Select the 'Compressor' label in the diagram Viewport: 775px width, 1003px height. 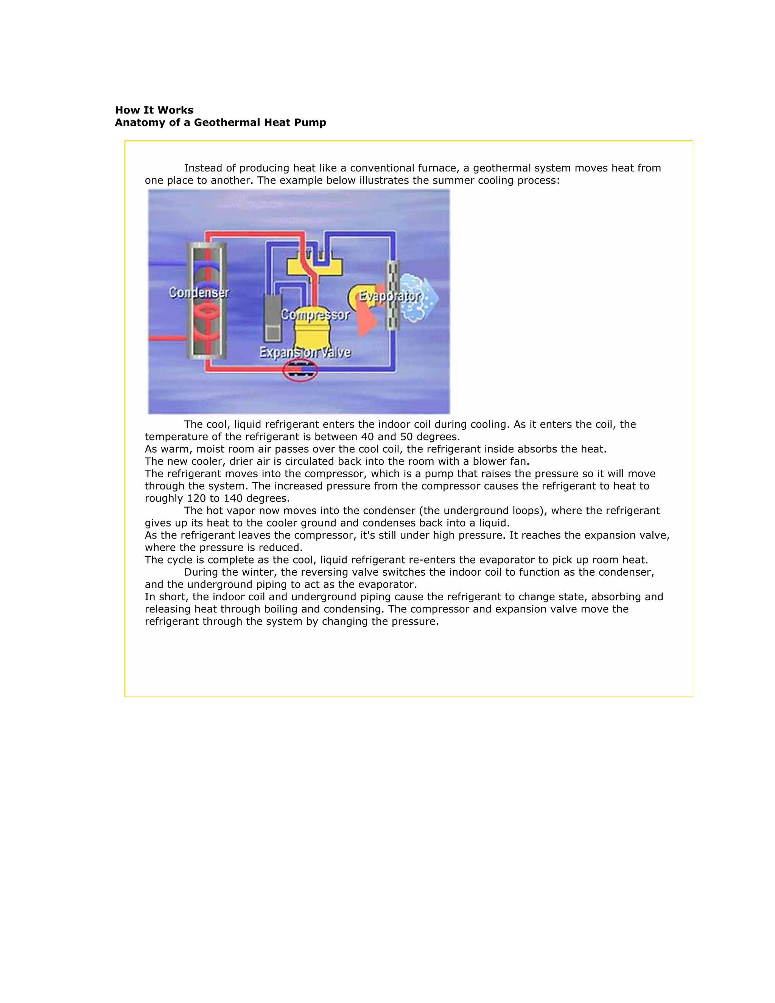point(315,315)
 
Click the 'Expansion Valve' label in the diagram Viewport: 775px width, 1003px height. point(305,352)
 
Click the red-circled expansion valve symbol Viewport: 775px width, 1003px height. point(300,370)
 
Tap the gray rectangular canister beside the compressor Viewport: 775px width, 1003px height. point(273,317)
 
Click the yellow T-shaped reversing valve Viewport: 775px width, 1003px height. point(315,265)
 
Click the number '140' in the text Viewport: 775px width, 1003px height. point(233,498)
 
